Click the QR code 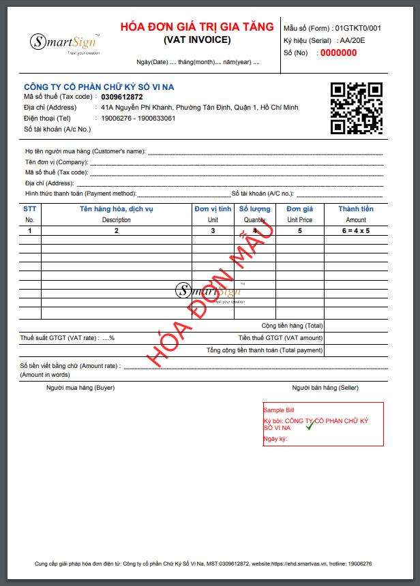356,108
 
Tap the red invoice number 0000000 338,52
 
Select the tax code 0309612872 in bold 122,97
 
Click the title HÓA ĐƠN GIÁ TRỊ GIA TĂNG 197,27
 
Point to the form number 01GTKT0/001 357,29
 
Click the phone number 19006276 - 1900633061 138,119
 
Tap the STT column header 29,209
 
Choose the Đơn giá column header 299,209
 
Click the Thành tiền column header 356,209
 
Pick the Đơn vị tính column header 213,209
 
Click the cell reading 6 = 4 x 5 356,231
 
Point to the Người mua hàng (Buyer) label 80,388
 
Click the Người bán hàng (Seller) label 325,388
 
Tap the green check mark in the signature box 310,425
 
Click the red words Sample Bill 279,410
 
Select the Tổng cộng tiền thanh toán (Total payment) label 265,350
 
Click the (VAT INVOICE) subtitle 197,40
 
